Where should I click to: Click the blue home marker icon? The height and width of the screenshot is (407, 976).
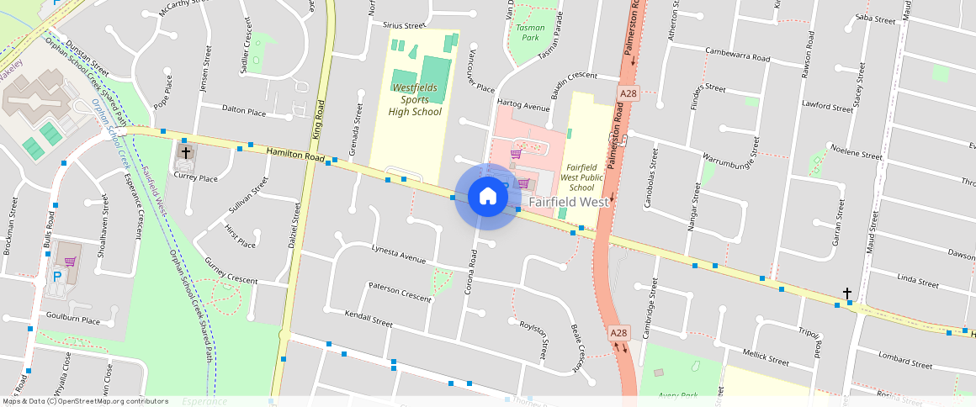pyautogui.click(x=487, y=197)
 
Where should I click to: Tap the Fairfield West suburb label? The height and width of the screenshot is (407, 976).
pyautogui.click(x=570, y=203)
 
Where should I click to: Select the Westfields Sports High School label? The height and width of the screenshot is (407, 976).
pyautogui.click(x=415, y=99)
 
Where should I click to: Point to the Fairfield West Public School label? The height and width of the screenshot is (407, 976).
pyautogui.click(x=581, y=177)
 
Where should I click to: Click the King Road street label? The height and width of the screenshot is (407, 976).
pyautogui.click(x=318, y=120)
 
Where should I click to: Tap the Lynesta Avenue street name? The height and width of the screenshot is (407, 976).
pyautogui.click(x=399, y=253)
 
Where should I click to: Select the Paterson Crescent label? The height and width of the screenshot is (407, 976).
pyautogui.click(x=400, y=292)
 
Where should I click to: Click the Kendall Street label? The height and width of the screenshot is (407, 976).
pyautogui.click(x=369, y=318)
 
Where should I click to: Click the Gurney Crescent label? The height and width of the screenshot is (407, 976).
pyautogui.click(x=231, y=270)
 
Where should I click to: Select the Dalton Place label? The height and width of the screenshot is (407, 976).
pyautogui.click(x=244, y=110)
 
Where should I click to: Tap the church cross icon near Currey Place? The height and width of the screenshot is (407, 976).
pyautogui.click(x=185, y=154)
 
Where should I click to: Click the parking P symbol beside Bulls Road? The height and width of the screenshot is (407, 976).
pyautogui.click(x=57, y=276)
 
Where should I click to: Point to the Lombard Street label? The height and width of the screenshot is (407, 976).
pyautogui.click(x=904, y=360)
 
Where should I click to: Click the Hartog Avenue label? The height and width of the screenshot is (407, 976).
pyautogui.click(x=523, y=106)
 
